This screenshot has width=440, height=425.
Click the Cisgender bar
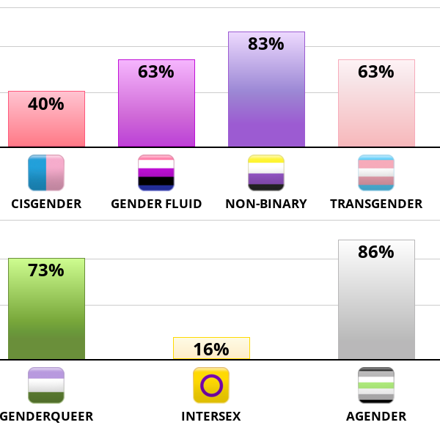coord(46,125)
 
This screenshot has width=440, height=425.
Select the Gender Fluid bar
coord(156,110)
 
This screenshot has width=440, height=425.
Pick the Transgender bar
coord(376,110)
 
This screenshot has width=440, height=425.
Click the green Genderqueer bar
coord(46,315)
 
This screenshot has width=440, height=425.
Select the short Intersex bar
coord(211,349)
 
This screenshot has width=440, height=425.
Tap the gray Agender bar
coord(376,308)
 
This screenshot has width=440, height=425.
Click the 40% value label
coord(46,104)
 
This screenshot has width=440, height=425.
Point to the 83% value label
coord(266,44)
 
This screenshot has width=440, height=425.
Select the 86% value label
coord(376,253)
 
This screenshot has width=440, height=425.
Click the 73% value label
coord(46,270)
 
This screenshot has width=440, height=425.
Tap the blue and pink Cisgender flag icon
coord(46,173)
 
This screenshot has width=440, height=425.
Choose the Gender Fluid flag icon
coord(156,173)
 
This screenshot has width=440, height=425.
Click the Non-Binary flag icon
coord(266,173)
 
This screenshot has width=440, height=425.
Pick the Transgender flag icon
coord(376,173)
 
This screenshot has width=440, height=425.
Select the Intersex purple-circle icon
coord(211,385)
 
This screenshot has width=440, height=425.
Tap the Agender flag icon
coord(376,385)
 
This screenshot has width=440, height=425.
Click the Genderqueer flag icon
coord(46,385)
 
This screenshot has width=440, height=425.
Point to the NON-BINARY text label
coord(266,204)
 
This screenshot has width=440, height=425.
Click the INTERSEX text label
coord(211,417)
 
